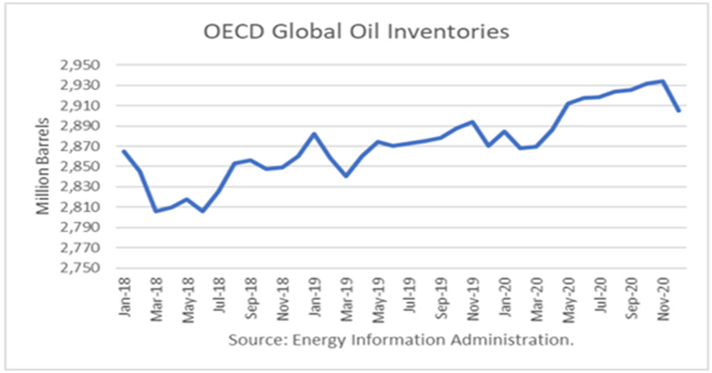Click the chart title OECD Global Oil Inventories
pyautogui.click(x=356, y=31)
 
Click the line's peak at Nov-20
pyautogui.click(x=663, y=81)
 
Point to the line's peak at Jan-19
pyautogui.click(x=314, y=134)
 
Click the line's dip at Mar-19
pyautogui.click(x=346, y=176)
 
